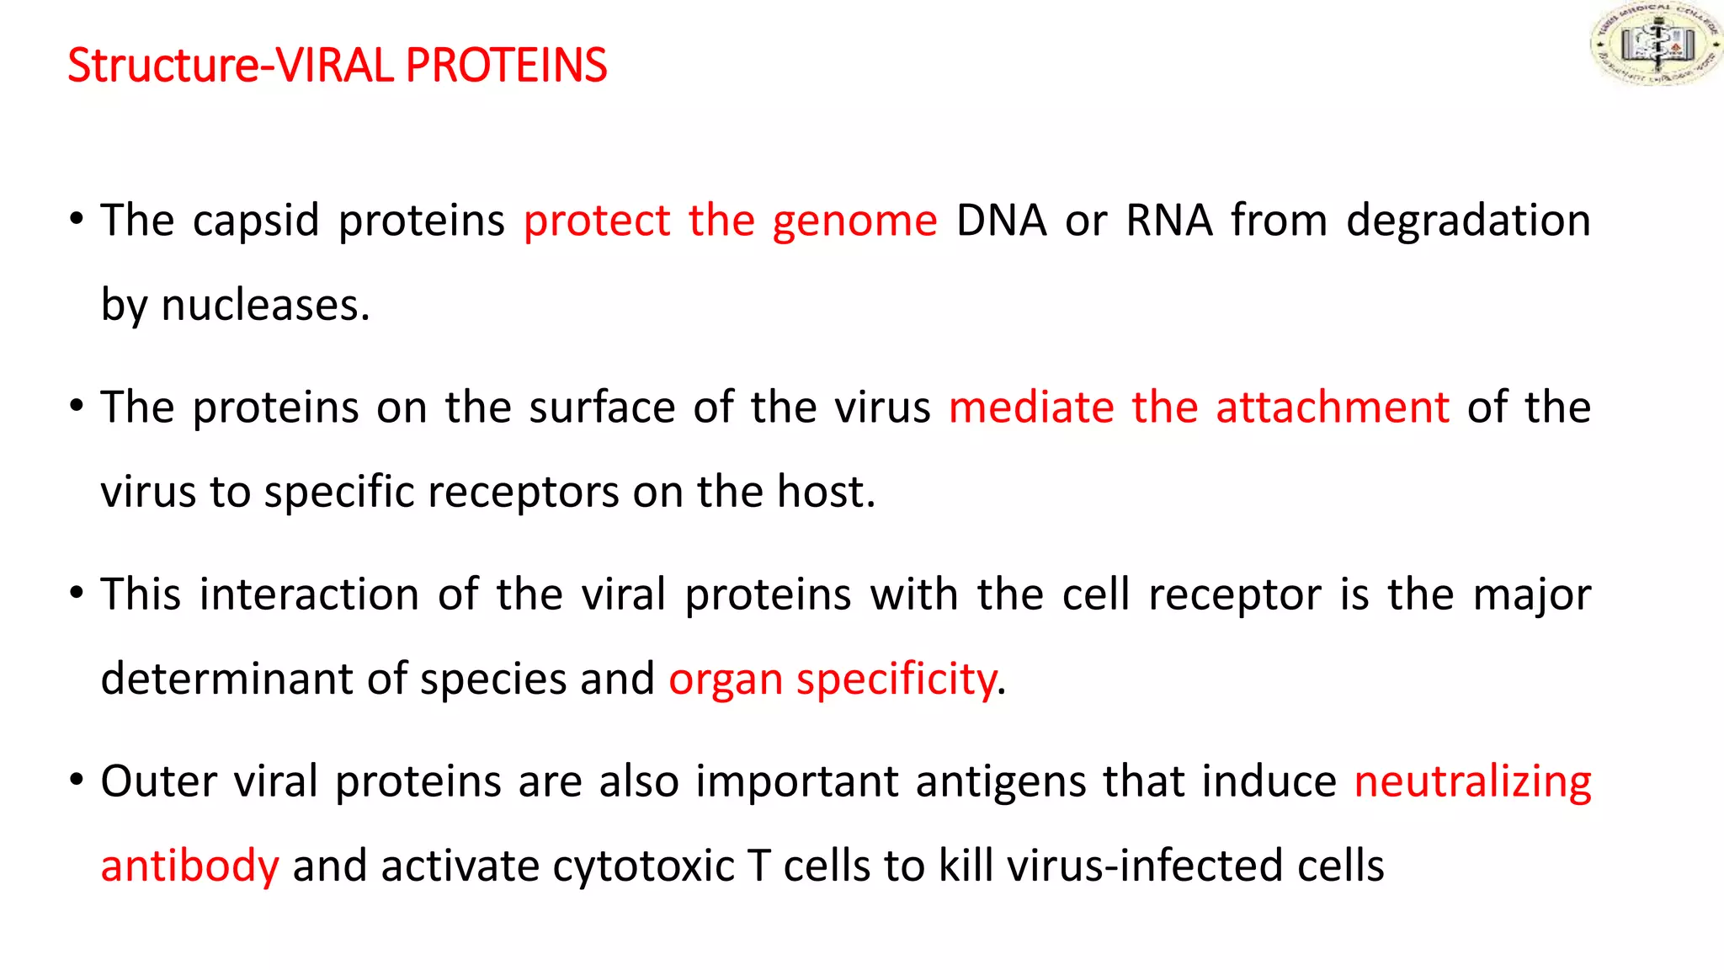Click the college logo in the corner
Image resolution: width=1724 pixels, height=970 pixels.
1654,44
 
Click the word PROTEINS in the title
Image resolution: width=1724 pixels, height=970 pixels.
506,66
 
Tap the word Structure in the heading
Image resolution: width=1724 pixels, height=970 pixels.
164,66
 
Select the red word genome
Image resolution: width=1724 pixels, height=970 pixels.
854,221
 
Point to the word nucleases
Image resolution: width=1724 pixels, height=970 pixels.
264,305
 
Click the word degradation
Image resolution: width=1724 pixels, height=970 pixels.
1468,221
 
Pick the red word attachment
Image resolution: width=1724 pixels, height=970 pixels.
1332,408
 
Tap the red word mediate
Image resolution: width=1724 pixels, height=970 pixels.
1031,408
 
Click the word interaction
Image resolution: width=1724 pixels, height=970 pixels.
309,594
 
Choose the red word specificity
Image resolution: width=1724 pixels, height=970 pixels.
897,679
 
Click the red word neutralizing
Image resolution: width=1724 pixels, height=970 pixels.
1472,781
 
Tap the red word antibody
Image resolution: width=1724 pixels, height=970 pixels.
189,866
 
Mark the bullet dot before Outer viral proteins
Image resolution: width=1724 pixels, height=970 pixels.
77,779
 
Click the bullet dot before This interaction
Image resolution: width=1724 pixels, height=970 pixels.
77,592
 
